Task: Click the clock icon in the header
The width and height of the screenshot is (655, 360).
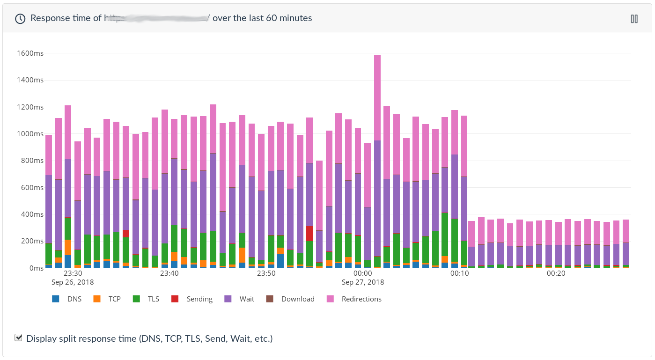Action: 20,19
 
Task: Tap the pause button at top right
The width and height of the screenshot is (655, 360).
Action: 634,19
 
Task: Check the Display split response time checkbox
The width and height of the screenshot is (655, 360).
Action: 19,338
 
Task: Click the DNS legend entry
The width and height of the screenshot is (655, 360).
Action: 67,299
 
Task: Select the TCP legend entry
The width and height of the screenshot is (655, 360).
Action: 108,299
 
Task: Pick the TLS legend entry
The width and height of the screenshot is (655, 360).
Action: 147,299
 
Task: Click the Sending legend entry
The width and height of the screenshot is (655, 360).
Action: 192,299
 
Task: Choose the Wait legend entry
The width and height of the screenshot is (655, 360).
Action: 240,299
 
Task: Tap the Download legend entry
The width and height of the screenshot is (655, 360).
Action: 290,299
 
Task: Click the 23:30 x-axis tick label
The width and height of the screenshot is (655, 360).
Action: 73,273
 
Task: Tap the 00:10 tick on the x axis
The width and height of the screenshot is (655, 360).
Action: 459,273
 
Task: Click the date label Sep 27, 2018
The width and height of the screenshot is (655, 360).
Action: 363,282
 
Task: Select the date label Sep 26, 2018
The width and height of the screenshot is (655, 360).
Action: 73,282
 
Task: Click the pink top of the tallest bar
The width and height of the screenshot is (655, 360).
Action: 377,94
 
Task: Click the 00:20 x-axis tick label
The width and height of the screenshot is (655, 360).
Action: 556,273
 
